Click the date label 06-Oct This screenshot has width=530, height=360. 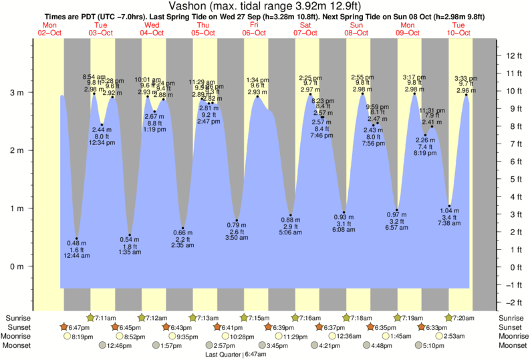[255, 32]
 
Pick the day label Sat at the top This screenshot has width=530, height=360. [305, 25]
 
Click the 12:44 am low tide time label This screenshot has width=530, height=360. [77, 256]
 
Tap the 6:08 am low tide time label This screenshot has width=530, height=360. [344, 230]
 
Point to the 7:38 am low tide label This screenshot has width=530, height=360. [450, 223]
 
